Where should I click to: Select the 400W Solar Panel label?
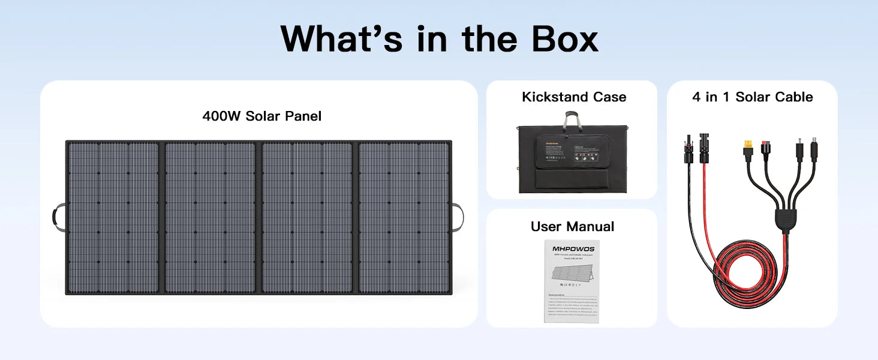261,116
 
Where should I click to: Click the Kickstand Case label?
574,97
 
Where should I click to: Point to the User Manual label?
572,226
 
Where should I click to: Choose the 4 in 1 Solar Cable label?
752,97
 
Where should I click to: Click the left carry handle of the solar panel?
59,217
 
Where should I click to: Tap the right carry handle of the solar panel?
458,217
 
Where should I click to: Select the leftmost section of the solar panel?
113,217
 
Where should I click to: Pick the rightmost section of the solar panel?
404,217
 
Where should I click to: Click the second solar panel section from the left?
210,217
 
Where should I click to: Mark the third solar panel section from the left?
307,217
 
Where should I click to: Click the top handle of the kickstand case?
572,118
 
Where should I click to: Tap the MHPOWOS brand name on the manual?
572,248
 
